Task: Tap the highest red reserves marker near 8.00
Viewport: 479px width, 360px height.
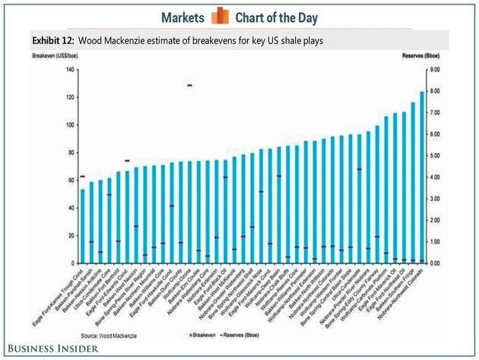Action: point(189,85)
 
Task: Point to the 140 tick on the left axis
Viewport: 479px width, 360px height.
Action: point(68,70)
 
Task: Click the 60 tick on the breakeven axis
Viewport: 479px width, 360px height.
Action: point(70,180)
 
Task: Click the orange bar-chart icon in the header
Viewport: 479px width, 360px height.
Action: point(220,16)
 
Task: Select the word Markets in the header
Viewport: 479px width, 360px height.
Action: point(182,17)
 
